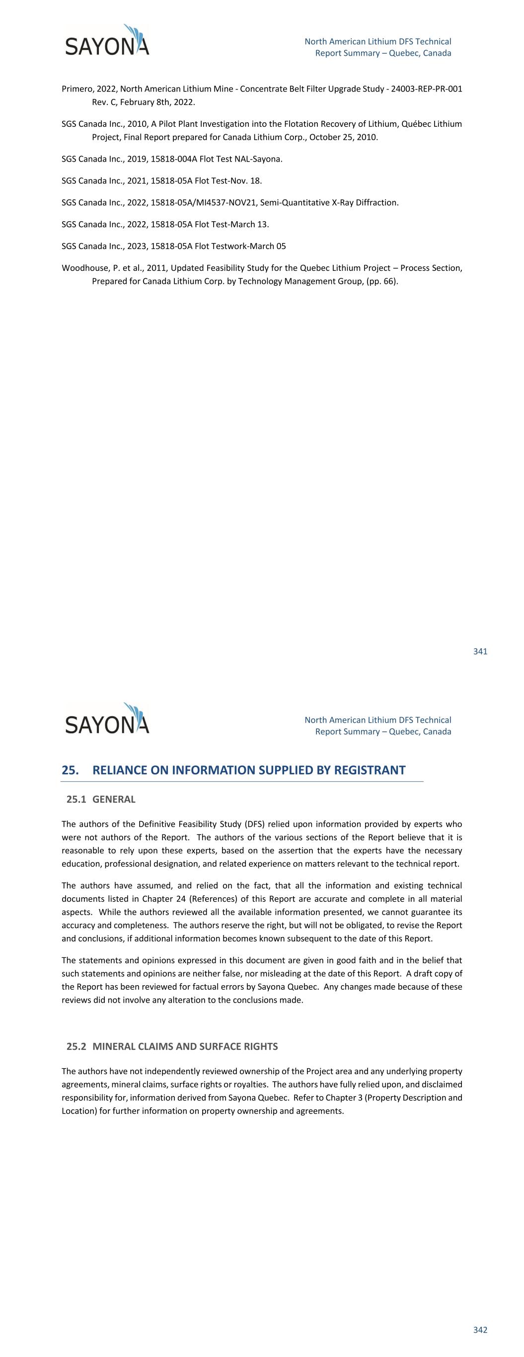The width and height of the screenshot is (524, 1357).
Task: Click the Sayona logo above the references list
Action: click(107, 41)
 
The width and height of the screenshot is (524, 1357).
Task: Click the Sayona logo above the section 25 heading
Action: click(107, 719)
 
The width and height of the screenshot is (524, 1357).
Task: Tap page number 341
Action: click(480, 652)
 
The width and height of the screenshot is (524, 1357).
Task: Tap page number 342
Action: click(480, 1330)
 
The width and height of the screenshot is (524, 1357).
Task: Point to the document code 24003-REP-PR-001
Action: click(427, 89)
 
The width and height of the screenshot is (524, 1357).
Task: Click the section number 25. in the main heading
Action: click(70, 770)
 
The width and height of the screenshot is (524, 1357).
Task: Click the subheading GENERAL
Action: click(114, 799)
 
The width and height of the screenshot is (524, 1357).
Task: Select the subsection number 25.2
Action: click(76, 1047)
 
